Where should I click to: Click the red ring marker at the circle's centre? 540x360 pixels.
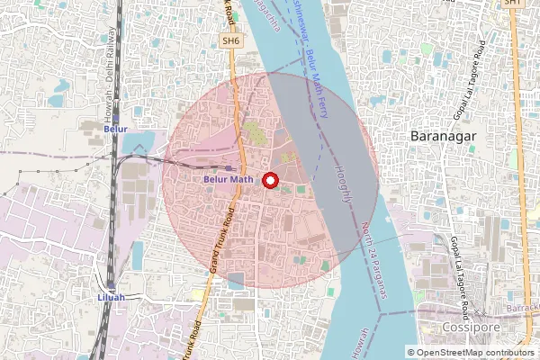coord(269,180)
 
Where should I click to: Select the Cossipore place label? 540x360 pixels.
coord(465,328)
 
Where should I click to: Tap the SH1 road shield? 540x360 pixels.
coord(512,4)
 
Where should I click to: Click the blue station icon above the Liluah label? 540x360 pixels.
coord(109,284)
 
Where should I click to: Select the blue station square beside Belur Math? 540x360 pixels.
coord(230,167)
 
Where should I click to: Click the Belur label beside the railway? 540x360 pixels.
coord(115,130)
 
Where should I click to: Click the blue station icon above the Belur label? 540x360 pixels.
coord(114,118)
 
